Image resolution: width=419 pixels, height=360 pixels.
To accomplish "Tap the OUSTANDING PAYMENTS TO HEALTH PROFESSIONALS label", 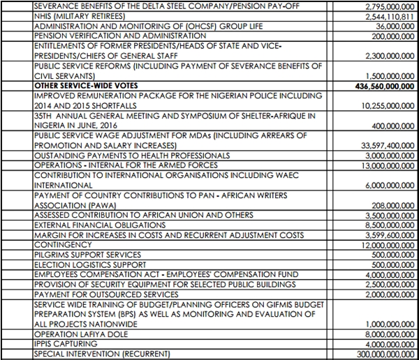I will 131,156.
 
